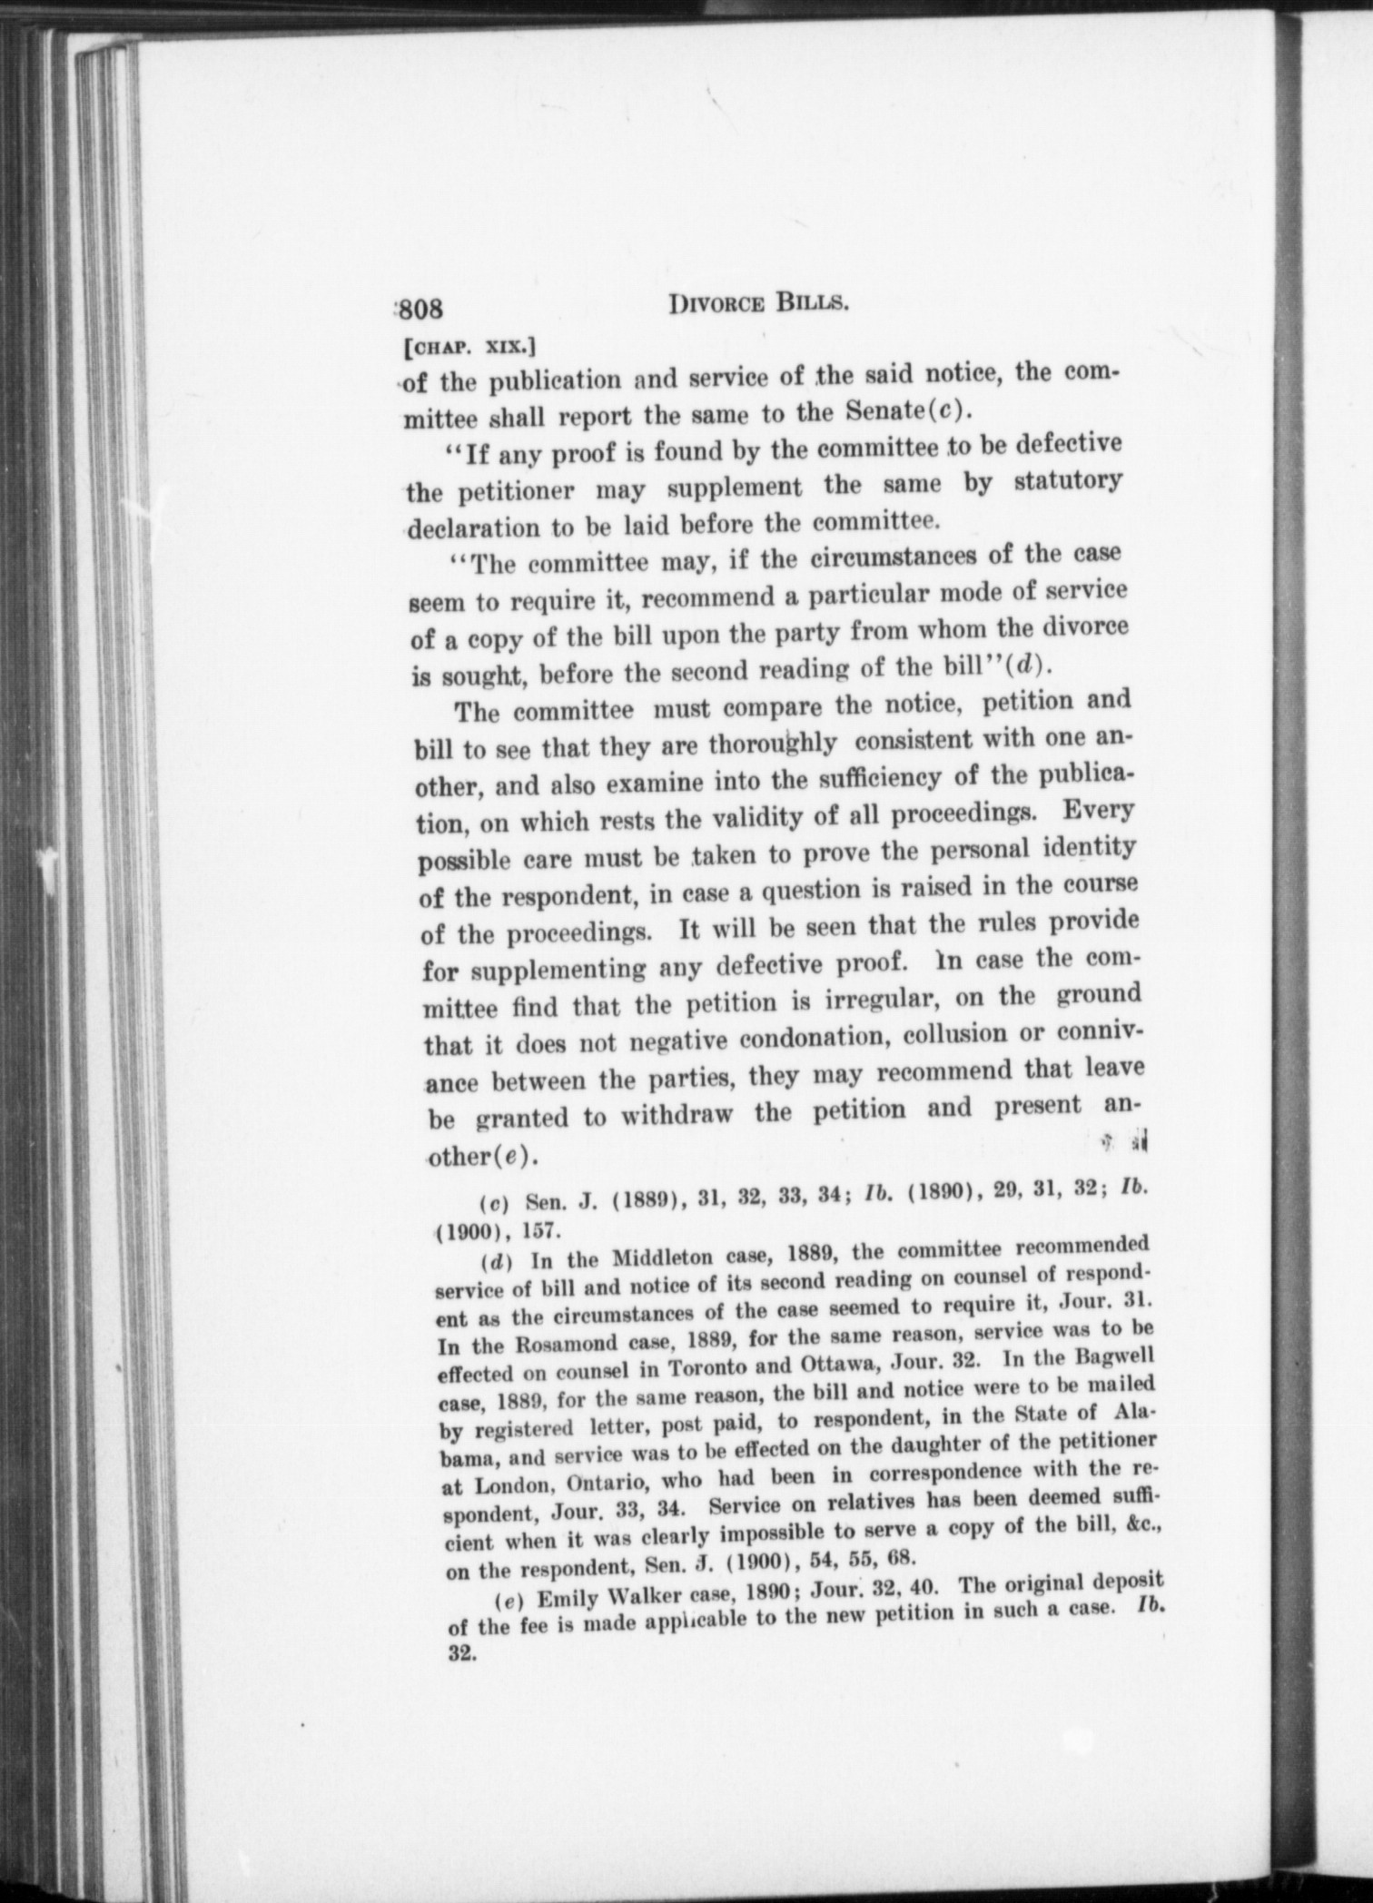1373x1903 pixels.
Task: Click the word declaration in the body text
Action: click(x=470, y=528)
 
